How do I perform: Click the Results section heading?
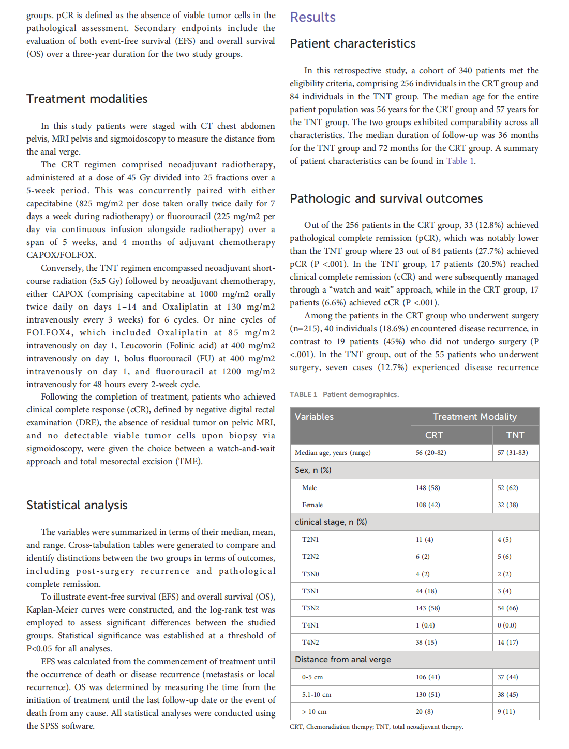point(312,17)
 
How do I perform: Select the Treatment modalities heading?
point(87,99)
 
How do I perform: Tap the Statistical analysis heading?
point(77,505)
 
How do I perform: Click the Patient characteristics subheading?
point(352,43)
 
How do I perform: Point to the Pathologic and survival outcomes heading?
point(386,198)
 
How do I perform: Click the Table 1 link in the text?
point(460,161)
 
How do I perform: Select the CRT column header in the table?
point(434,435)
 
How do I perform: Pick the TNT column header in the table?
point(515,435)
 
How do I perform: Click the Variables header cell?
point(314,417)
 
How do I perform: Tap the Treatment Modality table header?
point(474,417)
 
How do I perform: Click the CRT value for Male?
point(428,487)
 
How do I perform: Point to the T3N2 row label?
point(310,608)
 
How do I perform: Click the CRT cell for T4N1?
point(425,625)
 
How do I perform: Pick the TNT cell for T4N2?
point(507,642)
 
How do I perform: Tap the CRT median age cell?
point(431,452)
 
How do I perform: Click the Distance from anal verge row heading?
point(342,660)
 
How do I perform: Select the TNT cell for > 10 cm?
point(506,711)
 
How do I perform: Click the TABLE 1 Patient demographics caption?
point(344,394)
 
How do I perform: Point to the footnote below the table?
point(376,727)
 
